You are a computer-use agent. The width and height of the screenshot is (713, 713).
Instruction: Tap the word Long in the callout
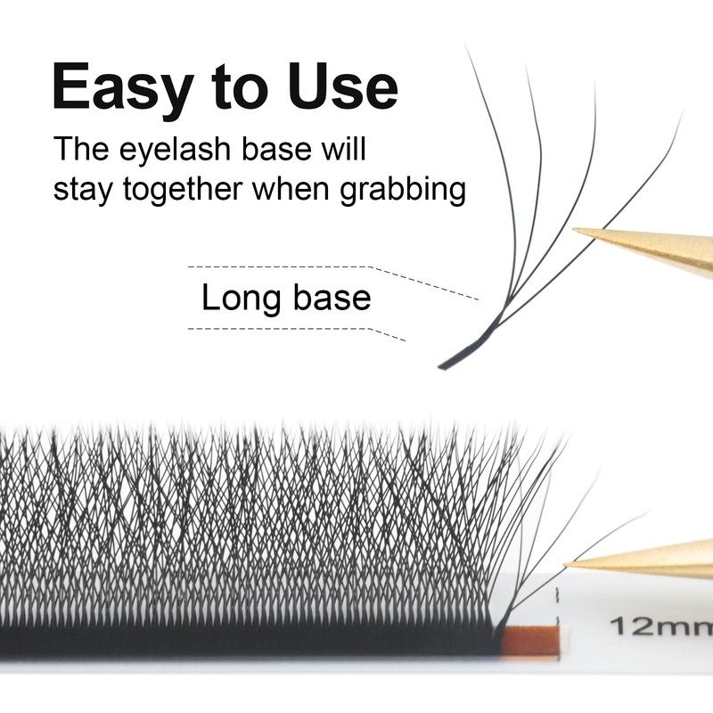pyautogui.click(x=235, y=297)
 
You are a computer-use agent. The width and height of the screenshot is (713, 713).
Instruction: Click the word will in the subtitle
pyautogui.click(x=344, y=149)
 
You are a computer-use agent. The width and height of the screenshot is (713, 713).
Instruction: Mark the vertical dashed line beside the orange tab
pyautogui.click(x=558, y=615)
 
